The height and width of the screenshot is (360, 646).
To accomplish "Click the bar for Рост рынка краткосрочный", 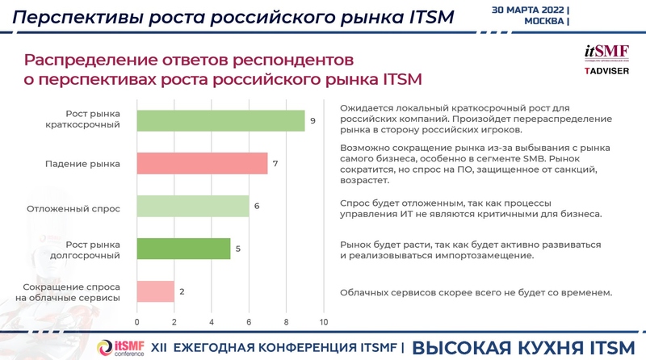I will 220,119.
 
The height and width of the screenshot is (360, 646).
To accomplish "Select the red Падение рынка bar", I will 202,163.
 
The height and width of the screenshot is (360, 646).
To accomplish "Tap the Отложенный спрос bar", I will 193,207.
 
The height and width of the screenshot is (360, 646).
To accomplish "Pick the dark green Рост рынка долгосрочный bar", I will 183,249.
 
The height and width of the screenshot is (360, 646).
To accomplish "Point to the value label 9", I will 313,120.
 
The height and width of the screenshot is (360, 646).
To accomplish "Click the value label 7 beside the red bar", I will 275,164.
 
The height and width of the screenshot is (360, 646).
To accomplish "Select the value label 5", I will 237,249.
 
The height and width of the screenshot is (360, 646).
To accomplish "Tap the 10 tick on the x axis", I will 324,323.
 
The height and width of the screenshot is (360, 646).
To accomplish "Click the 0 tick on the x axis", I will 137,323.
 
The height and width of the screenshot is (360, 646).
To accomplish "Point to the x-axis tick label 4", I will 212,323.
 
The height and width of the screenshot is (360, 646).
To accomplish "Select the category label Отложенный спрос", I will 84,207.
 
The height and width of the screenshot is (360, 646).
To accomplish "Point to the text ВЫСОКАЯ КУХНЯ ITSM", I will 525,347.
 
